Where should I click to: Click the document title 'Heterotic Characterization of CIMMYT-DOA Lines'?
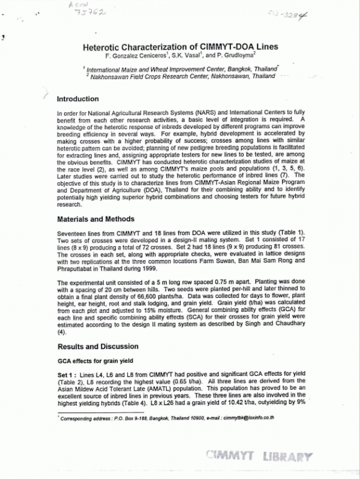click(179, 46)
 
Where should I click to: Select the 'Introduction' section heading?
click(77, 99)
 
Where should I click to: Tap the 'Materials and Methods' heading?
click(95, 219)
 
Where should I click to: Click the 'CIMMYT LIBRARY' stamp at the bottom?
click(259, 457)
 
